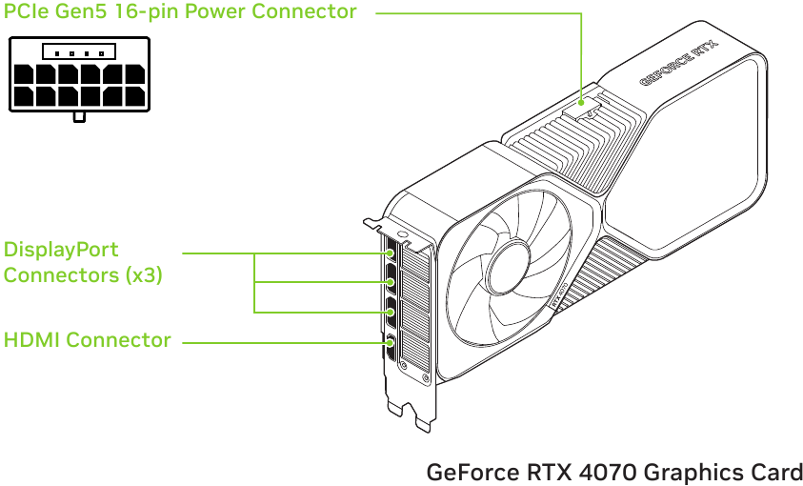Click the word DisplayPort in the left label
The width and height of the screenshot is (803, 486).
[61, 251]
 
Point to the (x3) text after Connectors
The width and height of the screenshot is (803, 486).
[143, 275]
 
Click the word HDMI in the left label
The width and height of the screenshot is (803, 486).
[31, 340]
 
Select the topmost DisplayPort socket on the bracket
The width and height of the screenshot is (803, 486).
[390, 255]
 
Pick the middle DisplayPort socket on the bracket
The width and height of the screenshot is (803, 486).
[390, 282]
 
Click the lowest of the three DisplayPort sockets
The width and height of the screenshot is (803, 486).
[390, 311]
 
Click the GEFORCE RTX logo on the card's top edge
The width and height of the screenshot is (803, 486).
[678, 62]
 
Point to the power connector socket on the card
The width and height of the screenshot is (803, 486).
[583, 105]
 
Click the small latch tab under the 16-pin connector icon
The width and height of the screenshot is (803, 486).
[80, 117]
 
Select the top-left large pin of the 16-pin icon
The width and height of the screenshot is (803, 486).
[23, 73]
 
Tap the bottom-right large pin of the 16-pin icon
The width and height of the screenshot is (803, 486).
[135, 95]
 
